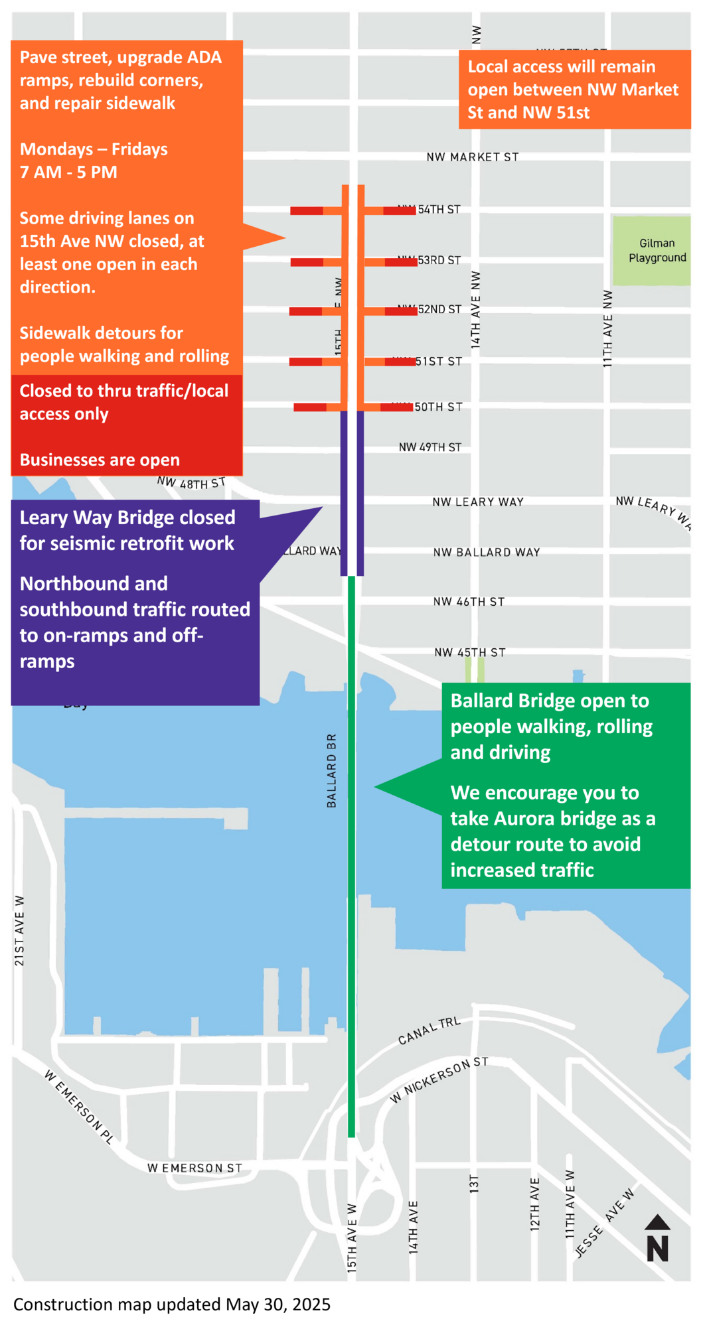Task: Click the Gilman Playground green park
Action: pyautogui.click(x=651, y=250)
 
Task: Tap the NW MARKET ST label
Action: pyautogui.click(x=472, y=157)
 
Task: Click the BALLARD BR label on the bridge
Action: pyautogui.click(x=332, y=770)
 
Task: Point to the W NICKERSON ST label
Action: pyautogui.click(x=439, y=1080)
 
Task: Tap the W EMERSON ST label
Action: pyautogui.click(x=195, y=1168)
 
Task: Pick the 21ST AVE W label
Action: pyautogui.click(x=20, y=930)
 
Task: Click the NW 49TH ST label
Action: pyautogui.click(x=430, y=448)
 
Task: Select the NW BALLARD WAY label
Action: pyautogui.click(x=487, y=552)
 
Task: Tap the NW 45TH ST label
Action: pyautogui.click(x=470, y=653)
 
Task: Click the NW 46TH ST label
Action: pyautogui.click(x=469, y=602)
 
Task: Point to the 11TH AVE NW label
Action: pyautogui.click(x=607, y=328)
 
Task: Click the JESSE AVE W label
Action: pyautogui.click(x=604, y=1222)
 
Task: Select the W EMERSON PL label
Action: pyautogui.click(x=79, y=1106)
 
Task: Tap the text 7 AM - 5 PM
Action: pyautogui.click(x=68, y=173)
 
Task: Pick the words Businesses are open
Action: pyautogui.click(x=100, y=460)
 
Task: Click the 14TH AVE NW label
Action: pyautogui.click(x=475, y=310)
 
